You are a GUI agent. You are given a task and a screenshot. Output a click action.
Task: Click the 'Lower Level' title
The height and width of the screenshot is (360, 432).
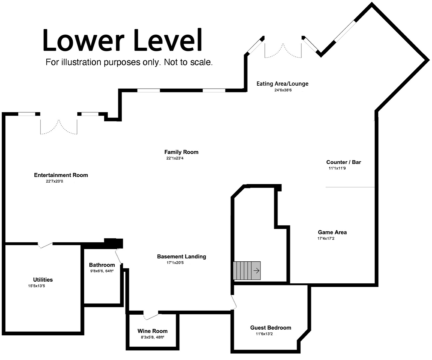point(122,40)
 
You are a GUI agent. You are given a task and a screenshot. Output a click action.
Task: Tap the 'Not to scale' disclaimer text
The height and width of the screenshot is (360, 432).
point(188,62)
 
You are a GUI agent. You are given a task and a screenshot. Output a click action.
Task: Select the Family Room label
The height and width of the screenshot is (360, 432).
point(181,152)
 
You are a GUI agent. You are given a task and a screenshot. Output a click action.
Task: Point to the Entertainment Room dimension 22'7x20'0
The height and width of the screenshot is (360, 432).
point(54,181)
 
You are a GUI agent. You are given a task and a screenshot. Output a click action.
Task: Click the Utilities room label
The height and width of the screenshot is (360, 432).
point(43,280)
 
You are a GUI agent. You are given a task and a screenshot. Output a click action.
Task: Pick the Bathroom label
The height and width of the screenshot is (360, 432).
point(102,265)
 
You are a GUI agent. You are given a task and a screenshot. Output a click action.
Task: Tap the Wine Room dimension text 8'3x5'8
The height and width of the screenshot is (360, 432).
point(147,337)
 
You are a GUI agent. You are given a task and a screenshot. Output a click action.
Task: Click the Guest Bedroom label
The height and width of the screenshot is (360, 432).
point(271,328)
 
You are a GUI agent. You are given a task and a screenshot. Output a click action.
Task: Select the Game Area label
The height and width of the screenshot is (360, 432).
point(332,232)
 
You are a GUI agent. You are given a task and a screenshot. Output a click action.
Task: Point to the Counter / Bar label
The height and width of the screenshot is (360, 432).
point(344,162)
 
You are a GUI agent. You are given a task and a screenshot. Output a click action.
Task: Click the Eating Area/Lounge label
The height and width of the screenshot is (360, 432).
point(283,84)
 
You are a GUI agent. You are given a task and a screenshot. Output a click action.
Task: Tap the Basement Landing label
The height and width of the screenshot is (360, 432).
point(181,257)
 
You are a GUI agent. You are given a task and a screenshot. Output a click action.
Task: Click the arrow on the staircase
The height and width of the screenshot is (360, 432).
point(256,270)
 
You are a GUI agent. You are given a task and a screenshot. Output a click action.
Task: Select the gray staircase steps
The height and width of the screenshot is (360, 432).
point(247,270)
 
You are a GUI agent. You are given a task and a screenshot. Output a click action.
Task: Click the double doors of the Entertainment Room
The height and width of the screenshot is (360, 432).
point(59,127)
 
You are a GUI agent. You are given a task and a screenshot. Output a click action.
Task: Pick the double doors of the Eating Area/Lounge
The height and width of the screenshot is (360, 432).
point(283,51)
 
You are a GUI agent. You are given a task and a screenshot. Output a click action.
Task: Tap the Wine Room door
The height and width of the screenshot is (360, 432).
point(151,317)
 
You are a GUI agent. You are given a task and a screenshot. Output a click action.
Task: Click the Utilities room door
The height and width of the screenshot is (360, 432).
point(45,245)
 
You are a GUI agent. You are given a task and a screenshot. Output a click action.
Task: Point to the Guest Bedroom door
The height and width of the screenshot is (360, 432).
point(234,302)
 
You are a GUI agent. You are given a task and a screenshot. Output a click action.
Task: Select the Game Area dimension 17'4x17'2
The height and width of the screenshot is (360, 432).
point(326,238)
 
